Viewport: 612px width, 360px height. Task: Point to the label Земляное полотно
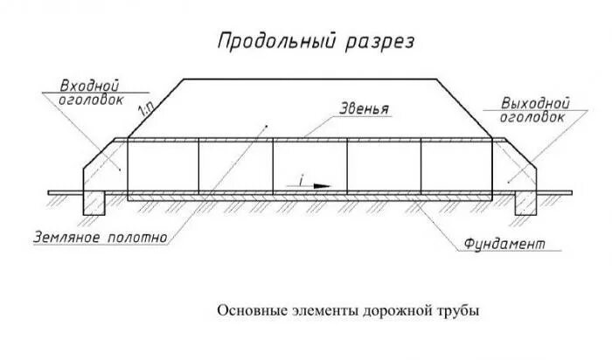tap(95, 236)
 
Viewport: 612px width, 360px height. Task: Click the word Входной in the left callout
tap(88, 87)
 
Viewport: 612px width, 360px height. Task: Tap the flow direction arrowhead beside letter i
tap(323, 186)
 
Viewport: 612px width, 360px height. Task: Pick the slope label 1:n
tap(146, 108)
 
